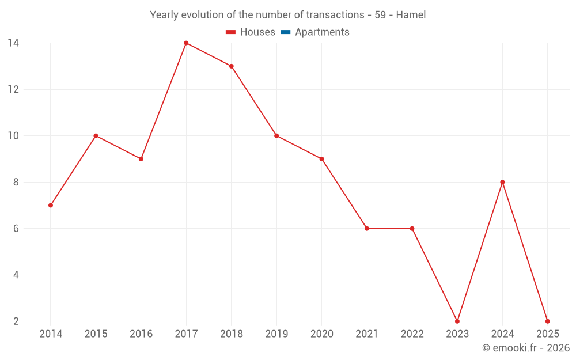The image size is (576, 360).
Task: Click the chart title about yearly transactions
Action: pos(287,15)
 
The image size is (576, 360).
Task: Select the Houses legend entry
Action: pos(257,32)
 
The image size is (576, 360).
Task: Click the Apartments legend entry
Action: pos(322,32)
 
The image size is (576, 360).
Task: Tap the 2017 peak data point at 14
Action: pos(186,43)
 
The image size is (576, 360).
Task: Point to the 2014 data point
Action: pos(51,205)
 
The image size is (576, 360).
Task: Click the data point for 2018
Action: pos(232,66)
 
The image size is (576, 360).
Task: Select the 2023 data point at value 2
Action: pos(457,321)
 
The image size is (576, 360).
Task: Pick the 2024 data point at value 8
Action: pos(502,182)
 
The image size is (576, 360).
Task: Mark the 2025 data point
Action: pos(547,321)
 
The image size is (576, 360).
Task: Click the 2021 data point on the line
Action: pos(367,228)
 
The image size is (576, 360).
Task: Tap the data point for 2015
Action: pos(96,136)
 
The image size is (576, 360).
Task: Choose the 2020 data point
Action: pos(321,159)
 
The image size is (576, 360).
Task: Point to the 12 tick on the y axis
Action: pos(13,89)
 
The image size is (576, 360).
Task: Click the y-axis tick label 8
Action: pos(16,182)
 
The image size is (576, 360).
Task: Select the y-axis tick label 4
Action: pos(16,275)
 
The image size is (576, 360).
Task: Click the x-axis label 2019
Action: pos(276,334)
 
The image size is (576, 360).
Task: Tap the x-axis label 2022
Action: pos(412,334)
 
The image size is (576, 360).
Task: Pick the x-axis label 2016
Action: pos(141,334)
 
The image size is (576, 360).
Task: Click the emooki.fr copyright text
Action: pos(525,348)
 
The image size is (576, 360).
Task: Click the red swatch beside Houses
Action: pos(231,32)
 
